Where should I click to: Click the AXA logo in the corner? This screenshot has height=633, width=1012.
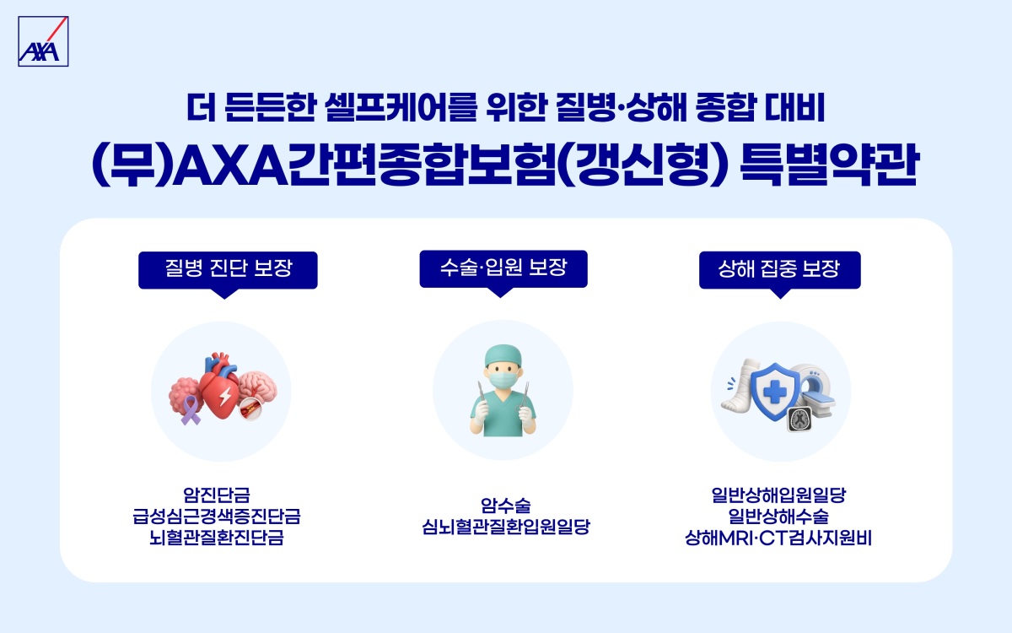point(43,41)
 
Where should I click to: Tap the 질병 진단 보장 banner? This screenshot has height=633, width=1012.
point(228,270)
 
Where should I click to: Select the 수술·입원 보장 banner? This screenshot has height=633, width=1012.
point(503,269)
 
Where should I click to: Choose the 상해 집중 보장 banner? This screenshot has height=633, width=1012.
point(780,270)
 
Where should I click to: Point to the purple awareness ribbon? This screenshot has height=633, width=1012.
point(191,409)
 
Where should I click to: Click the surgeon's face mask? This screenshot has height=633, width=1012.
point(503,381)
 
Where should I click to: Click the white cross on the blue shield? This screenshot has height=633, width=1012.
point(775,392)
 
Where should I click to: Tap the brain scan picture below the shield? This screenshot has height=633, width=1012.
point(799,419)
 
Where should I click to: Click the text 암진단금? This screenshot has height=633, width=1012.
point(217,495)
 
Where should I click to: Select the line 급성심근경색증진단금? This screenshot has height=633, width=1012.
point(217,517)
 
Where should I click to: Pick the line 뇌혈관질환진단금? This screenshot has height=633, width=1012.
point(217,538)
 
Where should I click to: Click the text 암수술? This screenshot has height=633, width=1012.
point(505,506)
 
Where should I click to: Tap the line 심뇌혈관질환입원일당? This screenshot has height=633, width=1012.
point(505,527)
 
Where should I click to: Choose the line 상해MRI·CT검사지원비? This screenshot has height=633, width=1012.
point(778,538)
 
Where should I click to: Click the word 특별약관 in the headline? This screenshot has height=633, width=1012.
point(830,164)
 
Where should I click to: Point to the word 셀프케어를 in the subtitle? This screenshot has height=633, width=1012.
point(401,108)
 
